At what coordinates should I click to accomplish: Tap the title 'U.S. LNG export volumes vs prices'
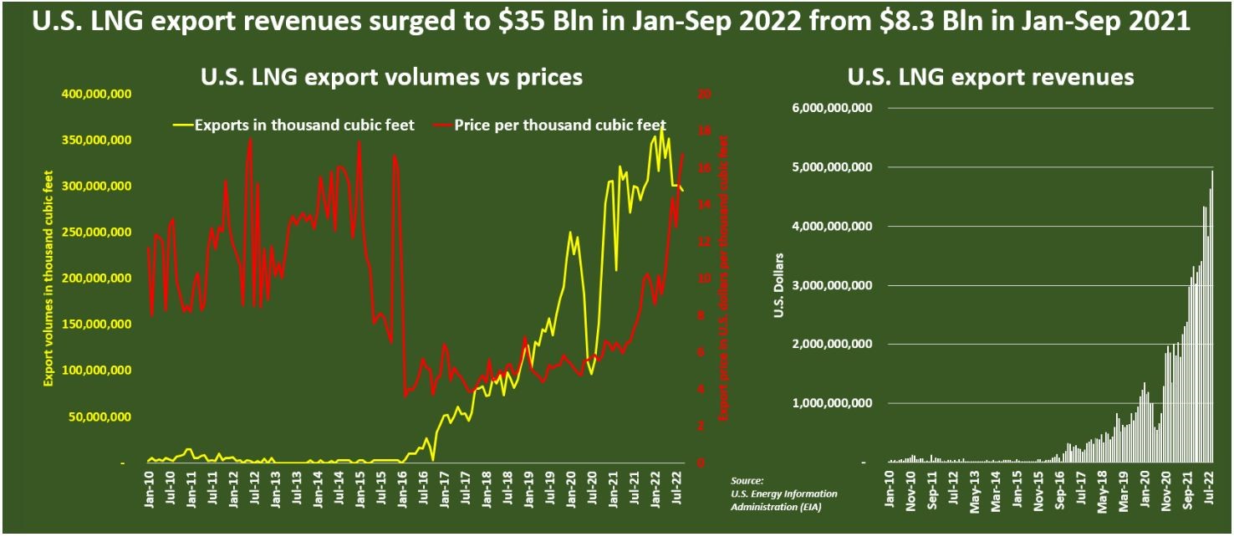click(391, 77)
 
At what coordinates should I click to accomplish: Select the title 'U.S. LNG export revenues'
click(991, 77)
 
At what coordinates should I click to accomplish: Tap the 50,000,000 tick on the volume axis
click(98, 417)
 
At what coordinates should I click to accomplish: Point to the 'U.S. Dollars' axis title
click(781, 285)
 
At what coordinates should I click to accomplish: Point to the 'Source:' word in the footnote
click(747, 481)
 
